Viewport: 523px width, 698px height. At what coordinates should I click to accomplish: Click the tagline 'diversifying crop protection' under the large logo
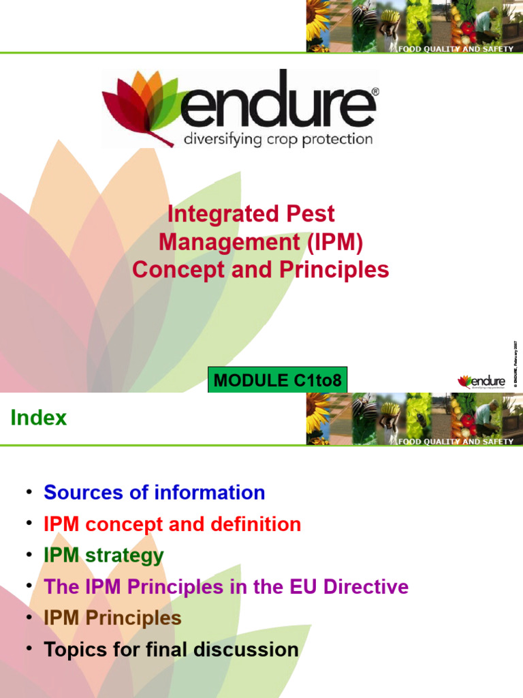click(x=279, y=139)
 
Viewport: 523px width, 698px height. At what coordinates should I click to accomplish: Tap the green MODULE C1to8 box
click(x=277, y=380)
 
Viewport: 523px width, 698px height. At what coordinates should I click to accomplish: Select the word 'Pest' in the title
click(x=311, y=214)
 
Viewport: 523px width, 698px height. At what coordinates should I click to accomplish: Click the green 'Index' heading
click(x=39, y=418)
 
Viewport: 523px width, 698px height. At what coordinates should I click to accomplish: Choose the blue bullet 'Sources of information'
click(x=154, y=492)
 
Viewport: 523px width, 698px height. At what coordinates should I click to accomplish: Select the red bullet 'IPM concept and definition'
click(x=172, y=524)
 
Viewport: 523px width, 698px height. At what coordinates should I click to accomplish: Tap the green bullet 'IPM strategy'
click(x=104, y=555)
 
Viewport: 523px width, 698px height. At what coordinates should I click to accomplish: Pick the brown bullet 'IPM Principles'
click(x=112, y=618)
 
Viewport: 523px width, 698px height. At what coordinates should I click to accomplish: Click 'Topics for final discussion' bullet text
click(x=171, y=649)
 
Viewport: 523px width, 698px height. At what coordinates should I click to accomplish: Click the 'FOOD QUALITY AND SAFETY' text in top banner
click(x=456, y=50)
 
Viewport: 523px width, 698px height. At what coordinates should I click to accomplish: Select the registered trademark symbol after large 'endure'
click(x=376, y=90)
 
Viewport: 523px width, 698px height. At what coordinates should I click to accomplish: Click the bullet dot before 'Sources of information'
click(x=29, y=492)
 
